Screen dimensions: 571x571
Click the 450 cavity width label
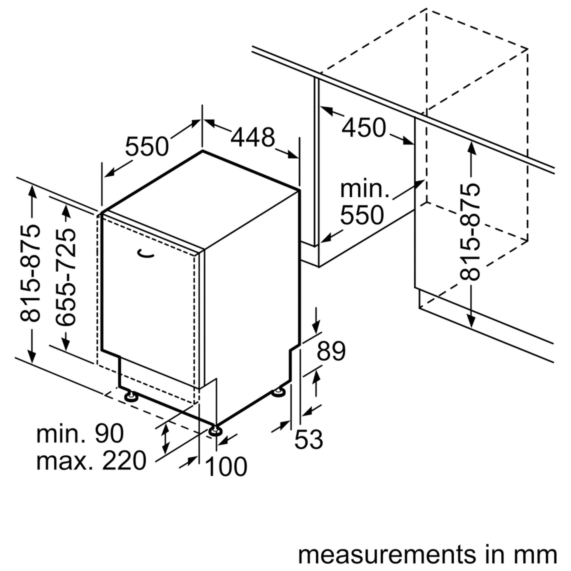tap(364, 128)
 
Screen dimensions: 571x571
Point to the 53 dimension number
tap(309, 439)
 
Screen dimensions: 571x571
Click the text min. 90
tap(80, 433)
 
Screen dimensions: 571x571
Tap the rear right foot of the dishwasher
tap(278, 392)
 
